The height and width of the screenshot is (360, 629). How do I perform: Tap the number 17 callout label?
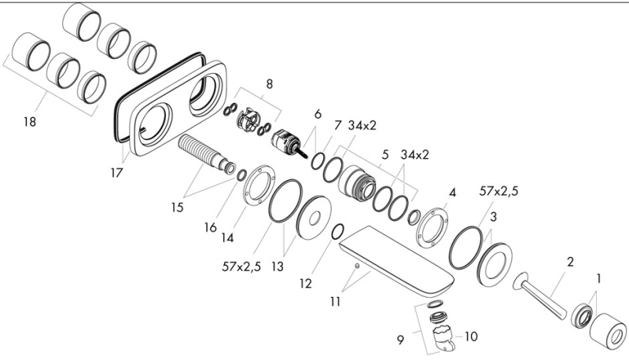point(116,172)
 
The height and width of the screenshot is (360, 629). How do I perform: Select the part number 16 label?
point(210,228)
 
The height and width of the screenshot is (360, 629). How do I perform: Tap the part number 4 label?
point(452,193)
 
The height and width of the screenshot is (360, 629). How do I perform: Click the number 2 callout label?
point(570,261)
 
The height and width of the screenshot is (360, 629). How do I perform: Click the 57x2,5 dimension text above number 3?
point(498,192)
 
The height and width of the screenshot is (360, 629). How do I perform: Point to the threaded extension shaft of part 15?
point(202,150)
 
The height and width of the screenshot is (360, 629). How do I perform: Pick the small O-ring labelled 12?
point(337,231)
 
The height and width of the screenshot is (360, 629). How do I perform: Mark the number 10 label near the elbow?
point(471,336)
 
